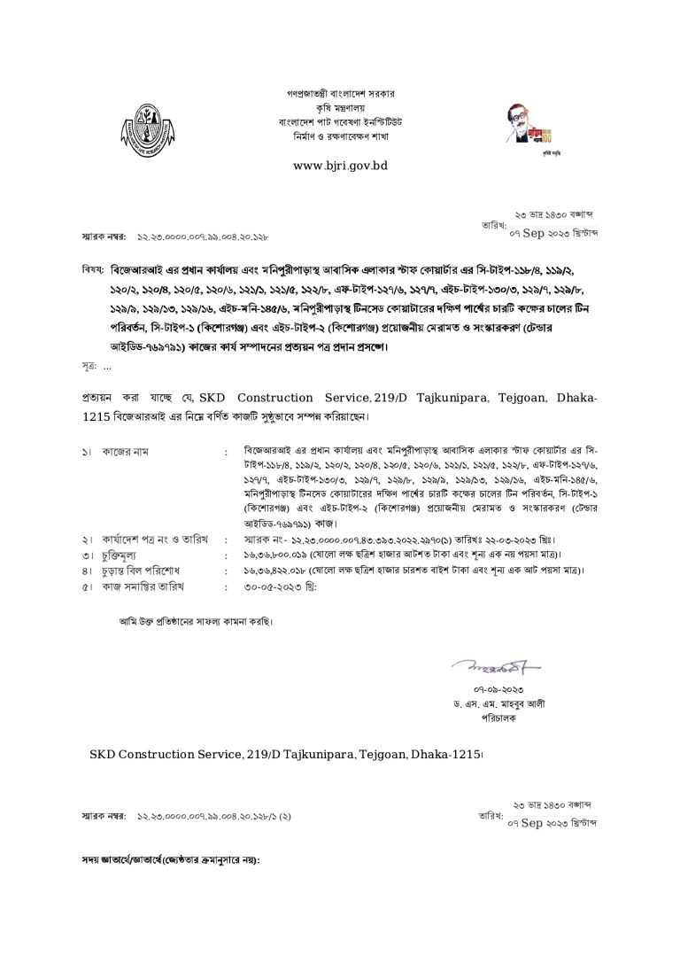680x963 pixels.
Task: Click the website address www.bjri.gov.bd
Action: [x=340, y=166]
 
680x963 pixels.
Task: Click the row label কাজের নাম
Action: [x=126, y=452]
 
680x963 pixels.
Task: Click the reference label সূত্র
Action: [x=89, y=366]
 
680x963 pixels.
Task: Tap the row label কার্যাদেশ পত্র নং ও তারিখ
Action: [x=151, y=538]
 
